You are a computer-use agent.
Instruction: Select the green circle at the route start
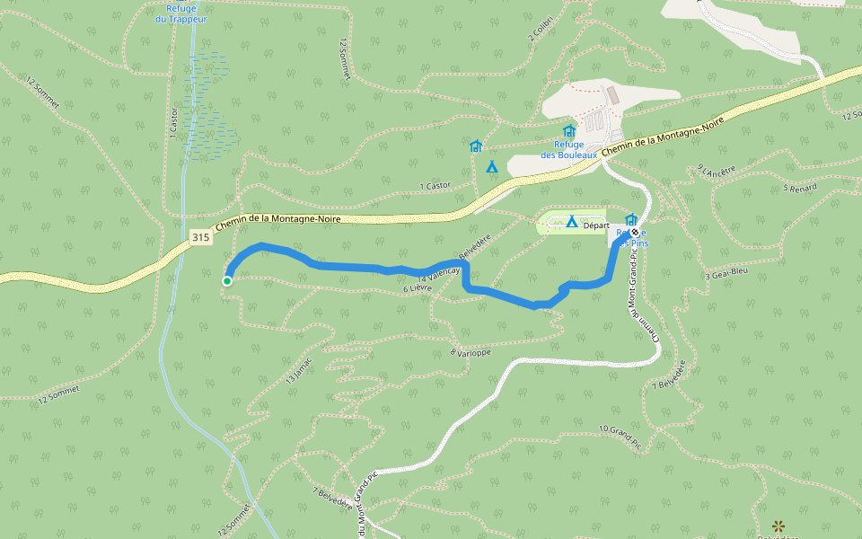tap(227, 281)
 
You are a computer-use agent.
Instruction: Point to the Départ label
tap(596, 225)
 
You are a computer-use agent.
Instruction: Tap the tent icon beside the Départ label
tap(571, 221)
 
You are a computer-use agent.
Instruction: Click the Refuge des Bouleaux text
tap(569, 149)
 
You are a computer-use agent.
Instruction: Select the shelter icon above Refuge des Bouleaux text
tap(568, 131)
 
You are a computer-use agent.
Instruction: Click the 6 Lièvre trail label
tap(418, 288)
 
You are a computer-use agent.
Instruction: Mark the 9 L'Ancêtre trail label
tap(717, 170)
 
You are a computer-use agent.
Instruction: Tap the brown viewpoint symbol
tap(778, 525)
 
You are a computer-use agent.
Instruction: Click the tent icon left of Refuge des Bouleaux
tap(491, 166)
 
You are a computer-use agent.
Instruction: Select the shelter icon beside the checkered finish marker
tap(630, 219)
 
